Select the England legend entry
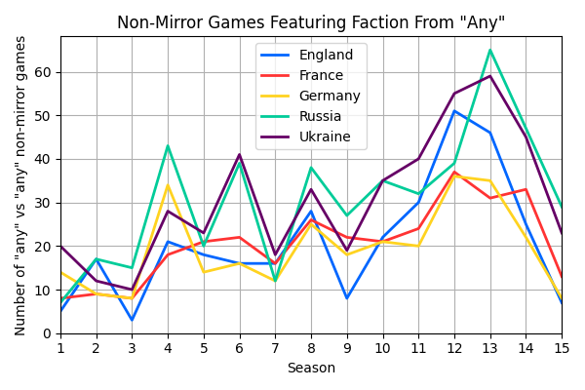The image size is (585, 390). (327, 56)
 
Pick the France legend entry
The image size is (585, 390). (323, 76)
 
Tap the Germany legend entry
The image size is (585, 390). (330, 97)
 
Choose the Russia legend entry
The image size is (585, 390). (323, 117)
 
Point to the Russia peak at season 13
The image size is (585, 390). (490, 50)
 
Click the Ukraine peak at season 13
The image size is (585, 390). (490, 76)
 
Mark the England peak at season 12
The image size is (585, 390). (454, 111)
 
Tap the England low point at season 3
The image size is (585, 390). (132, 320)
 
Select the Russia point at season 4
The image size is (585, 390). (168, 146)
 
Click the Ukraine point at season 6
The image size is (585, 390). (240, 155)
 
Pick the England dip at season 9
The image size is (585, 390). (347, 298)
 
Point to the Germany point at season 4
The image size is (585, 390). (168, 185)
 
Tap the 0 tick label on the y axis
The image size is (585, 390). (50, 333)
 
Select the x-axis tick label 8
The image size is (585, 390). (311, 347)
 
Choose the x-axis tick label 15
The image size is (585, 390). (562, 347)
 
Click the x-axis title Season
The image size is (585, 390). (311, 369)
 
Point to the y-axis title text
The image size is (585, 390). (20, 185)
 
